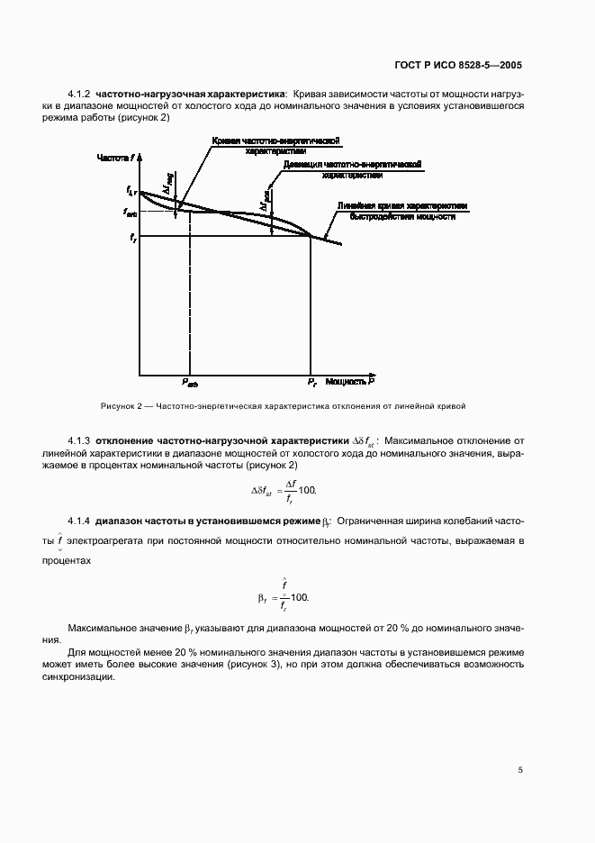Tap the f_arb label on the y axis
[x=131, y=212]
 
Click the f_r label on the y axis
[x=133, y=237]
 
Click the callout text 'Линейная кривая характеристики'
[x=402, y=206]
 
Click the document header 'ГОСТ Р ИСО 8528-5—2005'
[x=458, y=65]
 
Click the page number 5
[x=520, y=770]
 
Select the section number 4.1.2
[x=80, y=93]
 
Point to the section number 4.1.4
[x=80, y=521]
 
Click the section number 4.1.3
[x=80, y=440]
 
